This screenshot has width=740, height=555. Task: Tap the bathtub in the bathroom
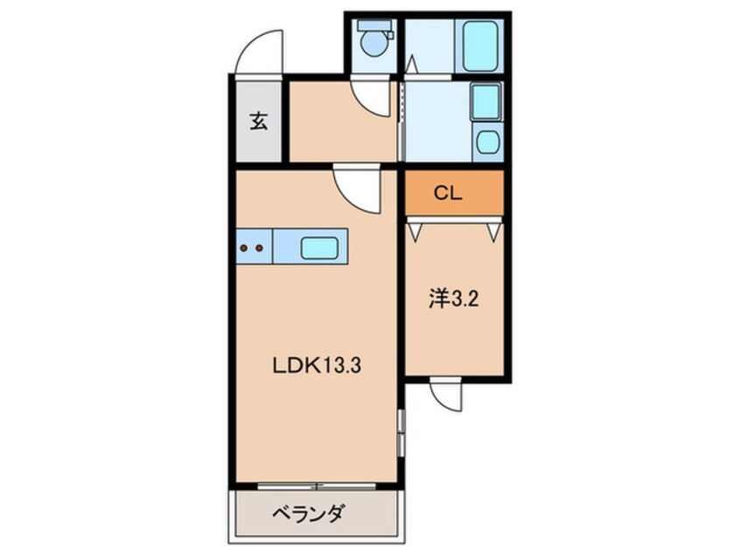pos(480,45)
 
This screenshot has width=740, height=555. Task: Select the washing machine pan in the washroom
pos(485,103)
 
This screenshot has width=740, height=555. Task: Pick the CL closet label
pos(449,194)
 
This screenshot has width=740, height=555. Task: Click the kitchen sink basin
pos(318,248)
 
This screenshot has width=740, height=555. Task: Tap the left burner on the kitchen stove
pos(245,248)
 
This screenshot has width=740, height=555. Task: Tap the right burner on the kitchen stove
pos(260,248)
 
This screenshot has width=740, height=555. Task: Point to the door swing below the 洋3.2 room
pos(446,394)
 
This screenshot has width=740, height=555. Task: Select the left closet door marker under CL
pos(415,230)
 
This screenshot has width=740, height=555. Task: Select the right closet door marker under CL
pos(495,230)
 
